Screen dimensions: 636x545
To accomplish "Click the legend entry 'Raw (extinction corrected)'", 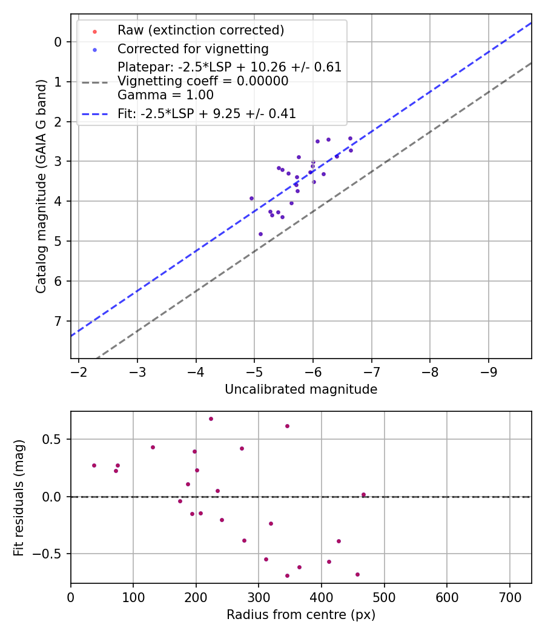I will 200,30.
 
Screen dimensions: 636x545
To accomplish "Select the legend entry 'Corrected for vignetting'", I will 193,48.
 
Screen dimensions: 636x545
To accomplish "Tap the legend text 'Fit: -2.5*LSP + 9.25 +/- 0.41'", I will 206,113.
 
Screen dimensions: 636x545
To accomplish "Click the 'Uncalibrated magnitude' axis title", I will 301,389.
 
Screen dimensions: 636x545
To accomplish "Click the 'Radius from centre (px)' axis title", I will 301,615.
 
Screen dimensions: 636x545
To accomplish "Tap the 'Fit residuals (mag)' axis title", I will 19,497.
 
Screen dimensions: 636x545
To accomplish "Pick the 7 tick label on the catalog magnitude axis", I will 58,321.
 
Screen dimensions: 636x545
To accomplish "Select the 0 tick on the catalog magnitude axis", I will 58,42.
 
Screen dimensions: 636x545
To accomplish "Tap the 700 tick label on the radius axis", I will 509,597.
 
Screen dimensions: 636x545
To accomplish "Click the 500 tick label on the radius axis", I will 384,597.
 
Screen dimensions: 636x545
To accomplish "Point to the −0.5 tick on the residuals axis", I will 51,554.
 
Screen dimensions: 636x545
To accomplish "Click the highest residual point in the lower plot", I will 211,419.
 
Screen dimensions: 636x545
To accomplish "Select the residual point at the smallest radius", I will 94,465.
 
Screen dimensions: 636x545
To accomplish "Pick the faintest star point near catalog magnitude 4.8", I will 260,234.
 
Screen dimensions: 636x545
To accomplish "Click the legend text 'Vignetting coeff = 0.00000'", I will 203,81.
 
